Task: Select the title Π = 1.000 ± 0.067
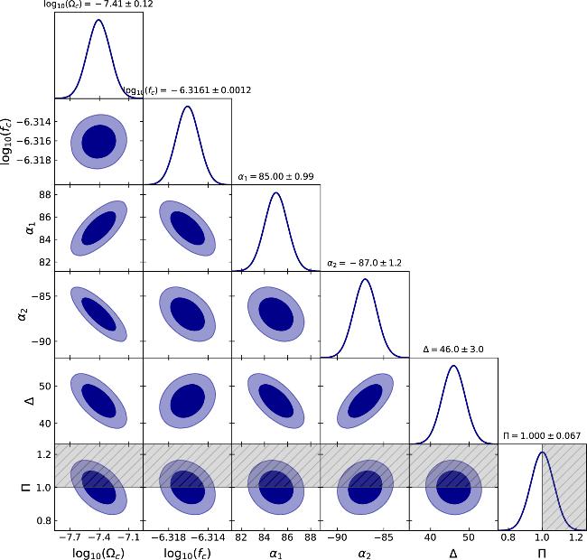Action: (542, 436)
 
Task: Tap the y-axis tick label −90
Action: (39, 341)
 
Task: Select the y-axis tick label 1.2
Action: (41, 453)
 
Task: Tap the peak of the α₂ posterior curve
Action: (365, 279)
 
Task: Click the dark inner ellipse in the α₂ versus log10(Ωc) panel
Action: (98, 313)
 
